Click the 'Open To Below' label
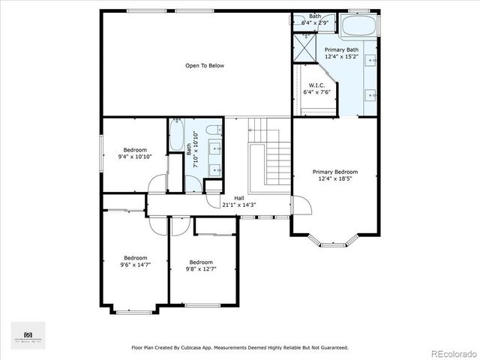click(x=205, y=66)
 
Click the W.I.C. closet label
click(x=316, y=85)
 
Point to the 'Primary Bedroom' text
click(x=334, y=172)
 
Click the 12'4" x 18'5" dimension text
click(x=334, y=178)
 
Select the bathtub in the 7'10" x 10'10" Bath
click(x=178, y=137)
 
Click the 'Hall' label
click(x=239, y=198)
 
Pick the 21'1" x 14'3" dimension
click(x=239, y=205)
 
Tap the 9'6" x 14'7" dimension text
click(x=135, y=265)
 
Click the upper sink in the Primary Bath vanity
click(x=370, y=58)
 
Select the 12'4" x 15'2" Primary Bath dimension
click(x=341, y=56)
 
